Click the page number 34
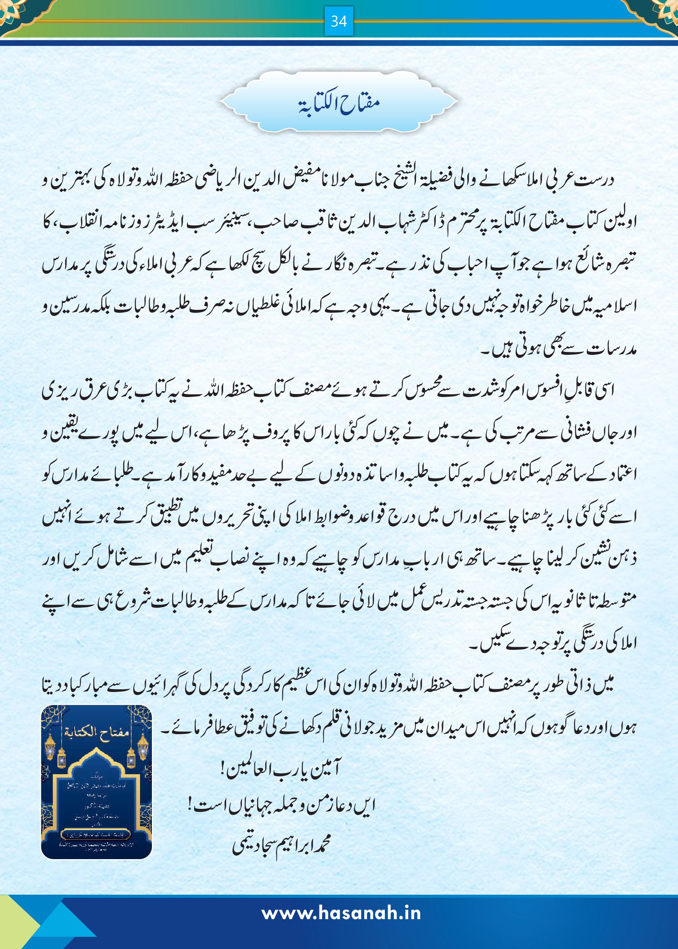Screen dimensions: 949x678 pos(339,21)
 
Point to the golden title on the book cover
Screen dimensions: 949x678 pos(97,732)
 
